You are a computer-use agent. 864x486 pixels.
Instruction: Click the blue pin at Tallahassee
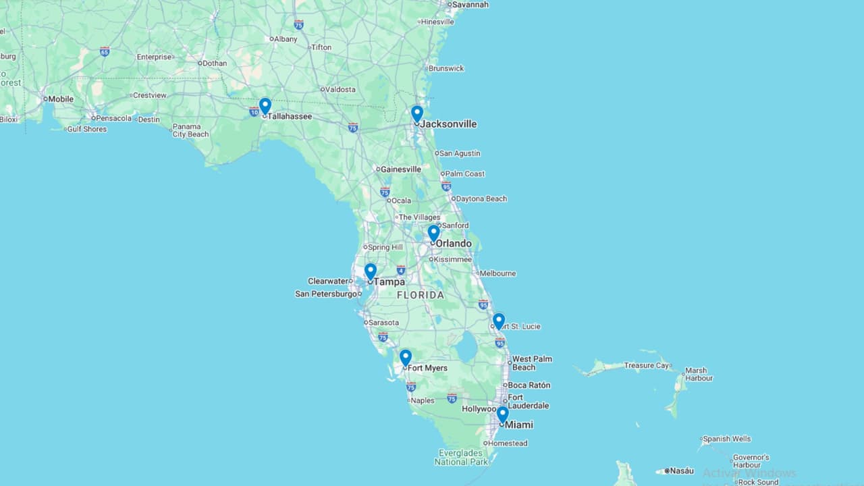[x=265, y=105]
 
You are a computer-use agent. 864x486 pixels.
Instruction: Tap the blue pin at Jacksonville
[x=417, y=113]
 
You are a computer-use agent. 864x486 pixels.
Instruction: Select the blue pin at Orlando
[x=433, y=232]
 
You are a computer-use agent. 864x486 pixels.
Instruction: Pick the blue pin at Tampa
[x=371, y=271]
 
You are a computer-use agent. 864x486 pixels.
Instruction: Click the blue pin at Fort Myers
[x=405, y=356]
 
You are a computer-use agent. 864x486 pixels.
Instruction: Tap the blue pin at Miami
[x=502, y=413]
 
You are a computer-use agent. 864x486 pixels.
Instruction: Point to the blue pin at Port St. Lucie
[x=499, y=320]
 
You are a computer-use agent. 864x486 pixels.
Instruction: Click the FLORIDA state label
[x=421, y=295]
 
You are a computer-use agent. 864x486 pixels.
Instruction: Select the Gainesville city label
[x=401, y=169]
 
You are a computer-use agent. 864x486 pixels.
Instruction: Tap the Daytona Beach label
[x=481, y=199]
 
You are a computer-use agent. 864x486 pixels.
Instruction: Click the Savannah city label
[x=470, y=5]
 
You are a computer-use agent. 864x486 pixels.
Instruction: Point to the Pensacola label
[x=114, y=118]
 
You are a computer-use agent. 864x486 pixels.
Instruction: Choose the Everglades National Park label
[x=461, y=458]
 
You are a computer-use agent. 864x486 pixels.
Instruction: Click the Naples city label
[x=423, y=400]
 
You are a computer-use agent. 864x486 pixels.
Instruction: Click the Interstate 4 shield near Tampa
[x=401, y=270]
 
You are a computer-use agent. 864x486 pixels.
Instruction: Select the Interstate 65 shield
[x=105, y=51]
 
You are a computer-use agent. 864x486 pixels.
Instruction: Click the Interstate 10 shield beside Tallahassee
[x=254, y=111]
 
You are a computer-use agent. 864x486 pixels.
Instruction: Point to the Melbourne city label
[x=498, y=273]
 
